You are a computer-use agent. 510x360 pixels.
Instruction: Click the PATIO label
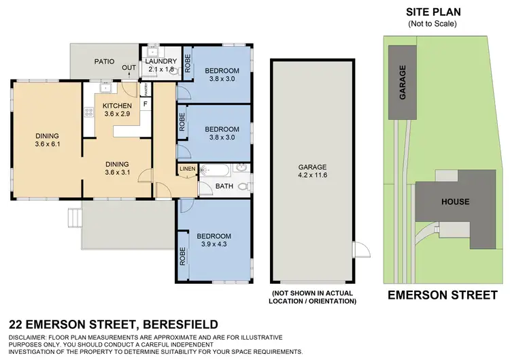pos(104,61)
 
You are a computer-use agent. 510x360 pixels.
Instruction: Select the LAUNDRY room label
pos(161,61)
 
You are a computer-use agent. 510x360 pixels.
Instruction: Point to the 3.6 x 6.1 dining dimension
pos(48,144)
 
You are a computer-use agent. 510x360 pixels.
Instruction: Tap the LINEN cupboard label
pos(187,168)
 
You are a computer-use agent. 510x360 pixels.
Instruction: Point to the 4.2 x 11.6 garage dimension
pos(313,175)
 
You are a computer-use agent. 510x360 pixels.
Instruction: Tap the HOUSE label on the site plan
pos(455,201)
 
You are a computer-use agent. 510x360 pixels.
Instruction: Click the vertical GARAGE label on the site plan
pos(403,83)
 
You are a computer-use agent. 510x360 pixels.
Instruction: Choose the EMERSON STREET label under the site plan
pos(442,295)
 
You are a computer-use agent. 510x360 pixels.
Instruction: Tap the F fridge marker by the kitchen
pos(145,103)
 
